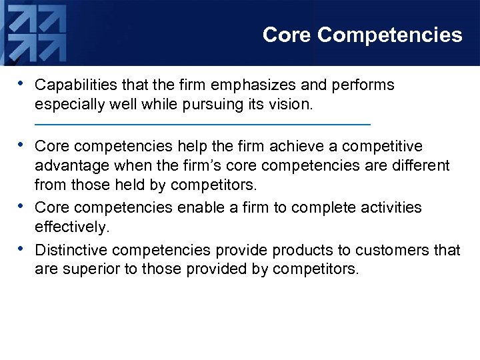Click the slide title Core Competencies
[x=362, y=35]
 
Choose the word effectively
[x=71, y=227]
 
